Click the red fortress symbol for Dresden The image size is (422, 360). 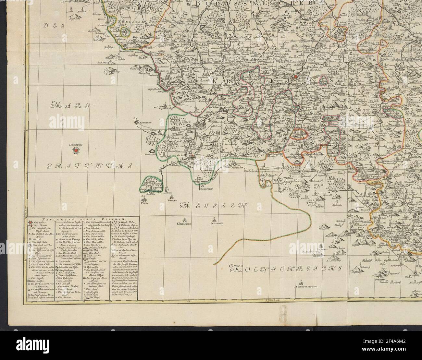(x=76, y=150)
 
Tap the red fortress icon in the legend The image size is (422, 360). (x=31, y=223)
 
